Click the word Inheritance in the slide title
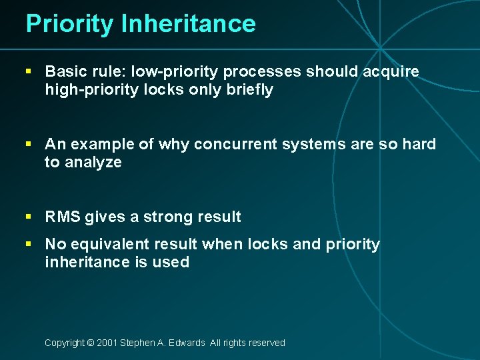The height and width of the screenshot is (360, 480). pos(189,24)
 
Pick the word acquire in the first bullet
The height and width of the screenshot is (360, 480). pos(394,71)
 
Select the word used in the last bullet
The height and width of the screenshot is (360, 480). pos(171,262)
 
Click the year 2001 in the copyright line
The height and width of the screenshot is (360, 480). pos(107,343)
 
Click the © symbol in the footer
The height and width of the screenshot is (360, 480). pos(90,343)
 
